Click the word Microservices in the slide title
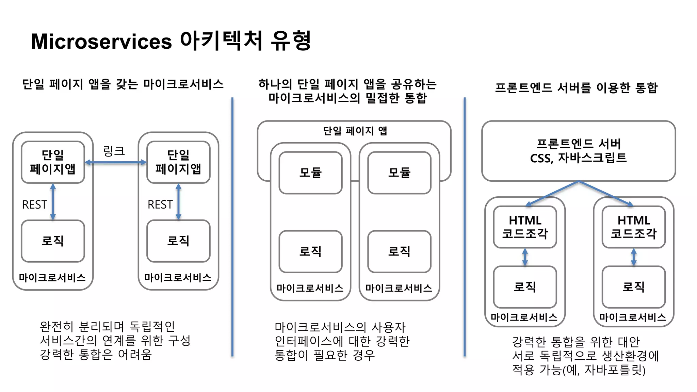(x=101, y=42)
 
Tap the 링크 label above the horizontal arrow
(x=114, y=151)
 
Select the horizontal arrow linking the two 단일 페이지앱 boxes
(x=116, y=162)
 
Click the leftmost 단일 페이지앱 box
(x=53, y=162)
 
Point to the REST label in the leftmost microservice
(x=34, y=205)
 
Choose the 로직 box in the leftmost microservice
(x=53, y=241)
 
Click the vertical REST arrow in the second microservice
(x=178, y=201)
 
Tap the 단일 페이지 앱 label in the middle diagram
(x=355, y=131)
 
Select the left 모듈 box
(x=310, y=173)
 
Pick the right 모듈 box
(x=399, y=173)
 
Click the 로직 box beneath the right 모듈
(x=399, y=251)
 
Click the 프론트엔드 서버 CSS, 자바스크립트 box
(x=578, y=151)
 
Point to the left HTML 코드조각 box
(x=525, y=227)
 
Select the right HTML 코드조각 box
(x=633, y=227)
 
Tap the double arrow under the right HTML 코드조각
(x=633, y=257)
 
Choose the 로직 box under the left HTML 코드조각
(x=525, y=287)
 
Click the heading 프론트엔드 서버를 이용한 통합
(x=576, y=88)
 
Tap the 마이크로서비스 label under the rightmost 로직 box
(x=633, y=317)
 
